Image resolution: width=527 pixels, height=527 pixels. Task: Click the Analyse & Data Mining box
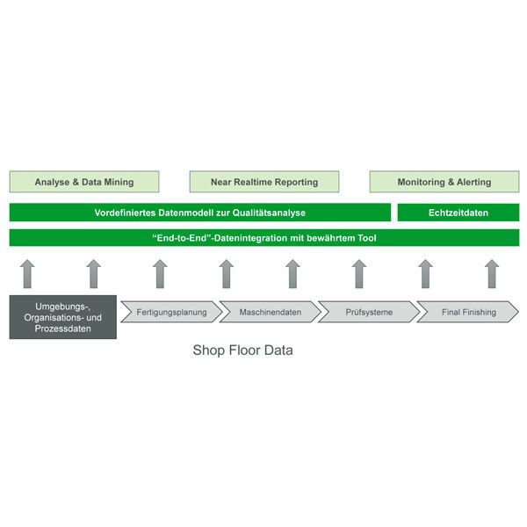[x=84, y=182]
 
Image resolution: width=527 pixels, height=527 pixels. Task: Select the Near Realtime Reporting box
[x=264, y=182]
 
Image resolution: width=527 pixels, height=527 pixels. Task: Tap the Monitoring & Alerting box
[x=444, y=182]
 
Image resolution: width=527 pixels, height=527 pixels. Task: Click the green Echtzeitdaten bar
[x=458, y=213]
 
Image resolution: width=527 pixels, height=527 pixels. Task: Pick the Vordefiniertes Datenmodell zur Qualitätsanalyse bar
[x=200, y=213]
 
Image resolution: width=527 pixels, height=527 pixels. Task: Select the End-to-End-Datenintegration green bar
[x=263, y=237]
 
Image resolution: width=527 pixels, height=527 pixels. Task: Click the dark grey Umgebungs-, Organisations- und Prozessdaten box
[x=63, y=316]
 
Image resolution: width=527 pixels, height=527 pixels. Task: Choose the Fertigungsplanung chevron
[x=171, y=312]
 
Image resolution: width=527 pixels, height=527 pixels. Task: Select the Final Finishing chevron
[x=468, y=312]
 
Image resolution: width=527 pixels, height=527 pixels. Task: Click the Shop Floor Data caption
[x=242, y=350]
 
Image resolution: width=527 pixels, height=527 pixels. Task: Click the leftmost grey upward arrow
[x=26, y=273]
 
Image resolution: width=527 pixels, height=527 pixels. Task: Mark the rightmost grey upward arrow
[x=492, y=273]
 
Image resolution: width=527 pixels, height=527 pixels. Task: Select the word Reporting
[x=295, y=182]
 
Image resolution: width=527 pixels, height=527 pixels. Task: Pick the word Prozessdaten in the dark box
[x=63, y=329]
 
